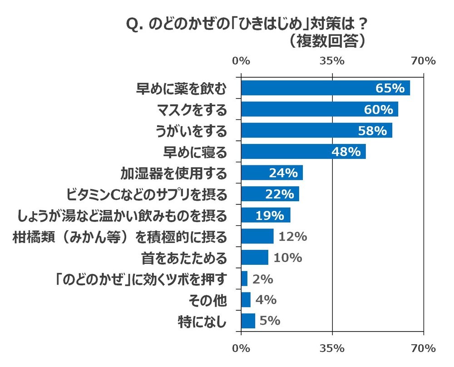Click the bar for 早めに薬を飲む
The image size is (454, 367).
325,88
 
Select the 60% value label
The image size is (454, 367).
378,109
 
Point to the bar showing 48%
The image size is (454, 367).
303,152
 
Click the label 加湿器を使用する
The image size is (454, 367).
173,173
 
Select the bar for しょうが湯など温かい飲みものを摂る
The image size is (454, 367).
266,215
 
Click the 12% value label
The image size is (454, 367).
293,237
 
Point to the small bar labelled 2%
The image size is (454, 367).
244,279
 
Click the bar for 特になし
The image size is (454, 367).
248,321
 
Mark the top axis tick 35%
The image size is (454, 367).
332,61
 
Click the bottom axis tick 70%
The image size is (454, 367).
423,348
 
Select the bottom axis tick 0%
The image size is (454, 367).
241,348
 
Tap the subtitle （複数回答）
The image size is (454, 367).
327,41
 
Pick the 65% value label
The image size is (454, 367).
390,88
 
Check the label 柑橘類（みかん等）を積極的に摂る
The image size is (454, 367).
118,237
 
